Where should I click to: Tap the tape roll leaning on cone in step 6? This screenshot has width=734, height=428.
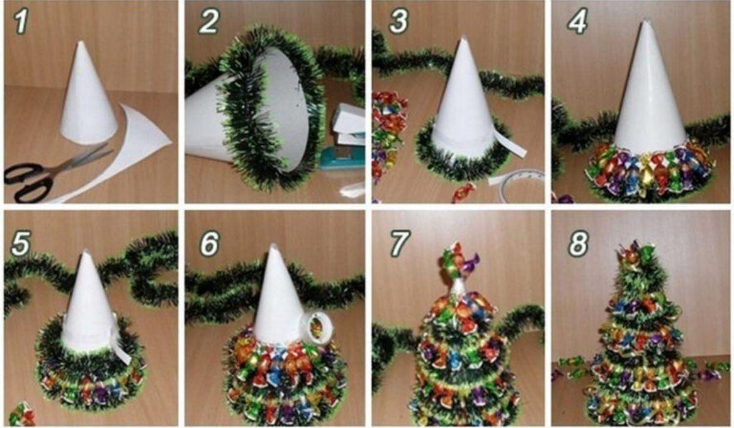tap(319, 325)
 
